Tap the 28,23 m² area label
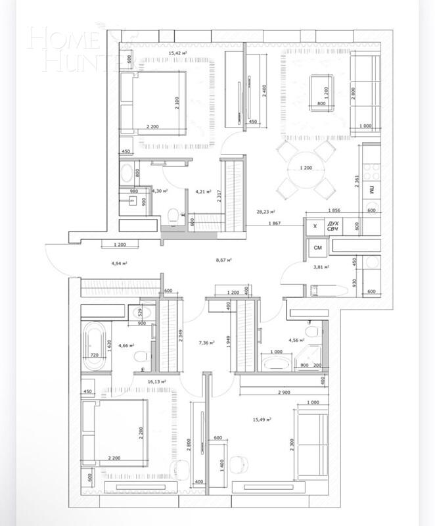click(265, 212)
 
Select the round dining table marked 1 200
click(305, 169)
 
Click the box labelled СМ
click(317, 249)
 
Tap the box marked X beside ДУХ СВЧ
click(315, 226)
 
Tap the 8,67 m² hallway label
click(225, 260)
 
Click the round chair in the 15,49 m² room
click(240, 462)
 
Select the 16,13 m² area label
click(156, 381)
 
